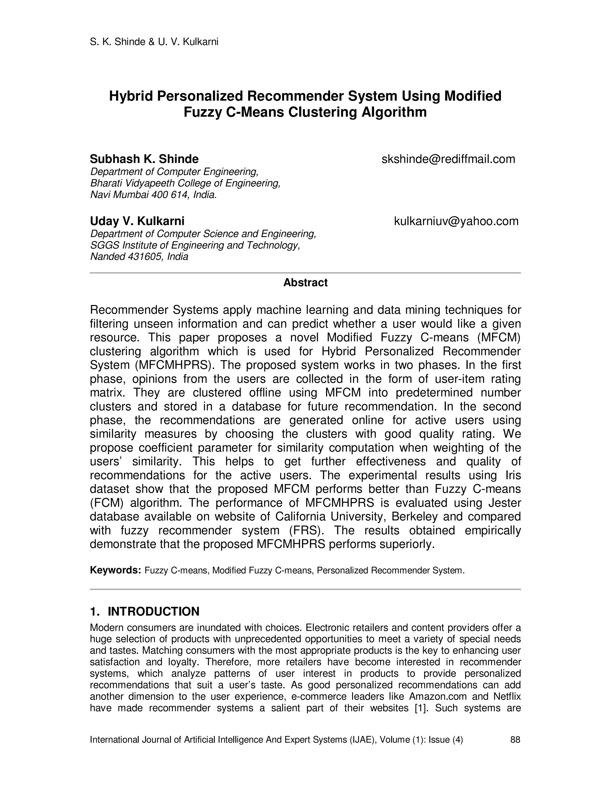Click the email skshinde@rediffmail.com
(448, 159)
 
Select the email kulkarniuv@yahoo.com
(456, 221)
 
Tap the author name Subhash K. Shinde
(144, 159)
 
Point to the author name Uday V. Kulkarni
(137, 221)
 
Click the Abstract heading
(305, 282)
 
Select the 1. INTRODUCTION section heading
(144, 611)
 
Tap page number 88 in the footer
(515, 740)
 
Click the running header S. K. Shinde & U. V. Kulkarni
(154, 42)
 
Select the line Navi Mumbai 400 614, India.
(153, 195)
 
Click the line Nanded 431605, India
(139, 257)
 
